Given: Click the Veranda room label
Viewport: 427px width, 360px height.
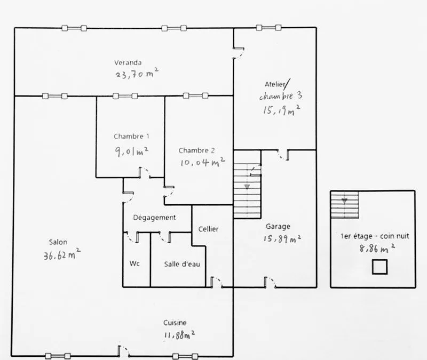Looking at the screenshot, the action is click(x=128, y=62).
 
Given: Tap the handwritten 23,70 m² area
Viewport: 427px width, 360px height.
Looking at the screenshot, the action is click(x=137, y=73).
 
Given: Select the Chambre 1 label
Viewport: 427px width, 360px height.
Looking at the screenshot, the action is click(x=131, y=136).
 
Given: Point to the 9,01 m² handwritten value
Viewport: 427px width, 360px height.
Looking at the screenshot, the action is click(x=132, y=151).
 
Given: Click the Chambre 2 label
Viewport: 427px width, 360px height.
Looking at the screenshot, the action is click(x=196, y=150).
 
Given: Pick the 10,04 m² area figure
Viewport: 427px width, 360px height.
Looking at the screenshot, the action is click(x=203, y=162).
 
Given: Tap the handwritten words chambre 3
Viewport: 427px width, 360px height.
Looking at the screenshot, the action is click(x=281, y=96).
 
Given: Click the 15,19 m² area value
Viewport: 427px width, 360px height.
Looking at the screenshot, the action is click(x=282, y=110).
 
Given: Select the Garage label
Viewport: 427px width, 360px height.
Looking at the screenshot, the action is click(x=278, y=226).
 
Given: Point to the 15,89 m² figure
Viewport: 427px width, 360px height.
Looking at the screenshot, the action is click(x=282, y=238).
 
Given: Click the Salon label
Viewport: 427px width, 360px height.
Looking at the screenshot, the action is click(x=58, y=242).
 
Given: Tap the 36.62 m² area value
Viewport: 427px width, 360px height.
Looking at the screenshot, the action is click(x=62, y=254).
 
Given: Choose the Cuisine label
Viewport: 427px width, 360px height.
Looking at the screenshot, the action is click(x=175, y=323).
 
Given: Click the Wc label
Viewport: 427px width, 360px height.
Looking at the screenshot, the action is click(x=135, y=263).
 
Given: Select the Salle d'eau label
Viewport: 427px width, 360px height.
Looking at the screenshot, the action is click(x=182, y=264).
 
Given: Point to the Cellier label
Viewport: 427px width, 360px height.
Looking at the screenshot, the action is click(x=208, y=229).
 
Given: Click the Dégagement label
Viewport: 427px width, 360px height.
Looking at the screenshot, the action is click(x=154, y=218).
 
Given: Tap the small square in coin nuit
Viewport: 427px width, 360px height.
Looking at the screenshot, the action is click(x=379, y=267).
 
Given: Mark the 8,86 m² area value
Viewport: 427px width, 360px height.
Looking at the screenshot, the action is click(x=377, y=248).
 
